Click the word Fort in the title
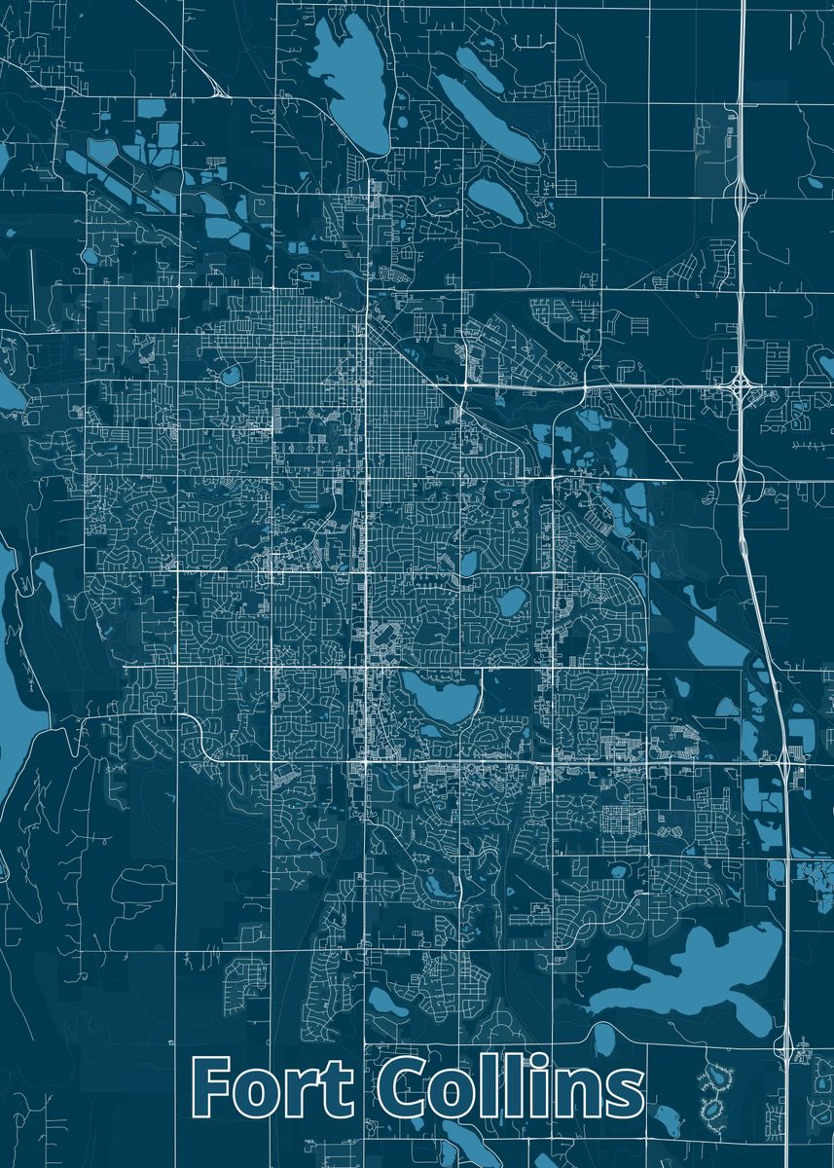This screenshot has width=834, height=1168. [273, 1087]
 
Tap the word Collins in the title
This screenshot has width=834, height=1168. [511, 1087]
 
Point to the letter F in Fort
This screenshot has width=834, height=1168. [213, 1087]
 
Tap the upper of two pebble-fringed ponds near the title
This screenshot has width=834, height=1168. [720, 1077]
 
